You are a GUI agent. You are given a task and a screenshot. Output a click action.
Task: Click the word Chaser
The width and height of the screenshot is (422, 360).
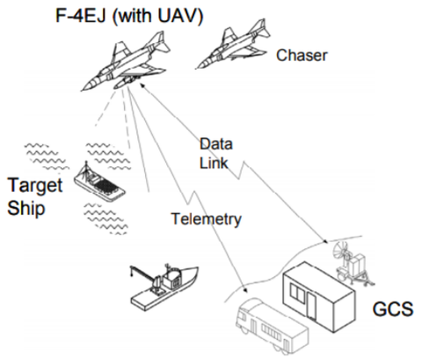[302, 55]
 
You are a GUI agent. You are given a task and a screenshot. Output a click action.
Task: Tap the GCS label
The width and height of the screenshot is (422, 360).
[393, 309]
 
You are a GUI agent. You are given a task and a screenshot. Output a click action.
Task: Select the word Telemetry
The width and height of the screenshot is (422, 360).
[207, 219]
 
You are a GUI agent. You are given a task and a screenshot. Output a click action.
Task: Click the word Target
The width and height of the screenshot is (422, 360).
[35, 186]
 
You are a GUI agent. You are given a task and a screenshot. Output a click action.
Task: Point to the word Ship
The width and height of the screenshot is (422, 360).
[26, 209]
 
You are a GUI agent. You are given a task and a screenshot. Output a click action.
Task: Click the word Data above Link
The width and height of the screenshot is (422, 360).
[216, 143]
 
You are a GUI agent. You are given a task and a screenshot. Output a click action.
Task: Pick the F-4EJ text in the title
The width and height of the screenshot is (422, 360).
[80, 15]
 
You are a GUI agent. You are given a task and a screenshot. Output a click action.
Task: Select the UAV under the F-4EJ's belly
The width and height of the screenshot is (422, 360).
[127, 81]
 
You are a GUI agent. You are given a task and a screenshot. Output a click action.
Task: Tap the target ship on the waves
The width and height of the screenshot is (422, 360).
[98, 184]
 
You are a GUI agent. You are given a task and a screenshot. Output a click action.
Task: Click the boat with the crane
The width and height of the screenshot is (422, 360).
[164, 286]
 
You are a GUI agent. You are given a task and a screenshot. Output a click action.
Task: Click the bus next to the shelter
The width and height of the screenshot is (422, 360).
[271, 326]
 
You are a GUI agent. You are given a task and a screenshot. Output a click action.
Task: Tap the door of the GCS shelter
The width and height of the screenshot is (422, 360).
[313, 305]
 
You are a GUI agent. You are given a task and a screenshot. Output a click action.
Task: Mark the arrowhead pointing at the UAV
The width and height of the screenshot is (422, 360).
[142, 85]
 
